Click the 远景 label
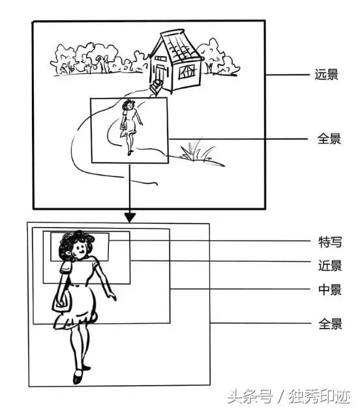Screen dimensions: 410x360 (327, 74)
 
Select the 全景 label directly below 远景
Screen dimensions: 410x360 (327, 139)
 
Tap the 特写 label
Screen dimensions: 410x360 (327, 242)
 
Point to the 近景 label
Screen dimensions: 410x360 (327, 265)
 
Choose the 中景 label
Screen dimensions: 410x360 (327, 290)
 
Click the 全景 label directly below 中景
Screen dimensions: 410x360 (327, 324)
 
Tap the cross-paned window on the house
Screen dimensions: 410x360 (187, 71)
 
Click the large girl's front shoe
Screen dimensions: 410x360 (78, 377)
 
